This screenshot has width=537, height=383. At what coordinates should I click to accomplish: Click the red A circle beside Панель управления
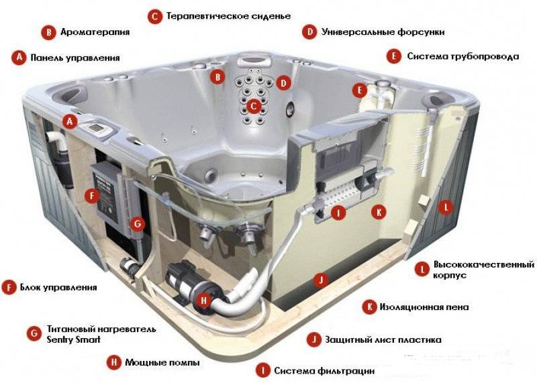(x=19, y=58)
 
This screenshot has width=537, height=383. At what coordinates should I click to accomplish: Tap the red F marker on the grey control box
(x=92, y=196)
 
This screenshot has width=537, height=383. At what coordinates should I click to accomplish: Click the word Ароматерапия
(x=95, y=32)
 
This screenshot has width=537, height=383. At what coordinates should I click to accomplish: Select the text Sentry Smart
(x=74, y=339)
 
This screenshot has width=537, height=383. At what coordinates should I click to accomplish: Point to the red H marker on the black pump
(x=204, y=300)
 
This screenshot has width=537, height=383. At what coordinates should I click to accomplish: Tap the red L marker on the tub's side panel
(x=446, y=207)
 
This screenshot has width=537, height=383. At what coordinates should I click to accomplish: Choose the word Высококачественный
(x=483, y=264)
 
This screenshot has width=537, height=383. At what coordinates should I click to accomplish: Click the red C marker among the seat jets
(x=253, y=107)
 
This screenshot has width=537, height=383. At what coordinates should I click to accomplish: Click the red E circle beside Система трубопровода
(x=394, y=56)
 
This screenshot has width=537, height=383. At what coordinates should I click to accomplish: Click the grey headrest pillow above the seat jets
(x=254, y=58)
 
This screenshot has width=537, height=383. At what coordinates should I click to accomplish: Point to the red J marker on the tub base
(x=321, y=280)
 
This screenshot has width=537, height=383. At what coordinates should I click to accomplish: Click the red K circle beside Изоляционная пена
(x=370, y=307)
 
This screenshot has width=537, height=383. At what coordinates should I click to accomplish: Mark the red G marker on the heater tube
(x=138, y=224)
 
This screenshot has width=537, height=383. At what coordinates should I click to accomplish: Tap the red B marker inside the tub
(x=217, y=76)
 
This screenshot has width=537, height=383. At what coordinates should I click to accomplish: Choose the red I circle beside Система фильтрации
(x=263, y=371)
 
